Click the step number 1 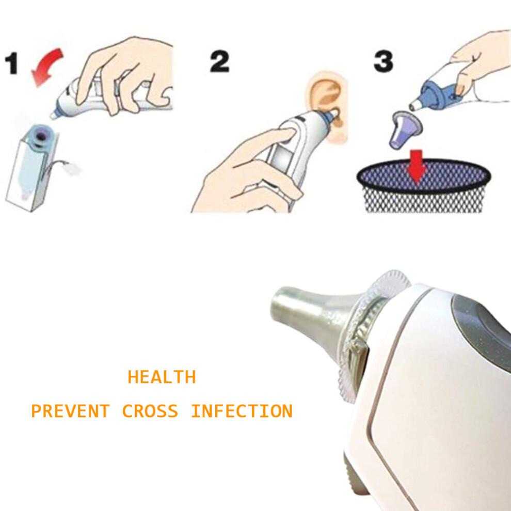[x=11, y=64]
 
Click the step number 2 [x=220, y=61]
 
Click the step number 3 [x=383, y=61]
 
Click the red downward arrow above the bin [x=417, y=166]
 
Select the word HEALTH [x=162, y=377]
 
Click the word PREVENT [x=70, y=411]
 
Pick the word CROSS [x=150, y=411]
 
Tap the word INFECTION [x=242, y=411]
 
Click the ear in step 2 [x=326, y=104]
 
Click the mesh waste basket [x=424, y=186]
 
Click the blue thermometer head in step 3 [x=435, y=94]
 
